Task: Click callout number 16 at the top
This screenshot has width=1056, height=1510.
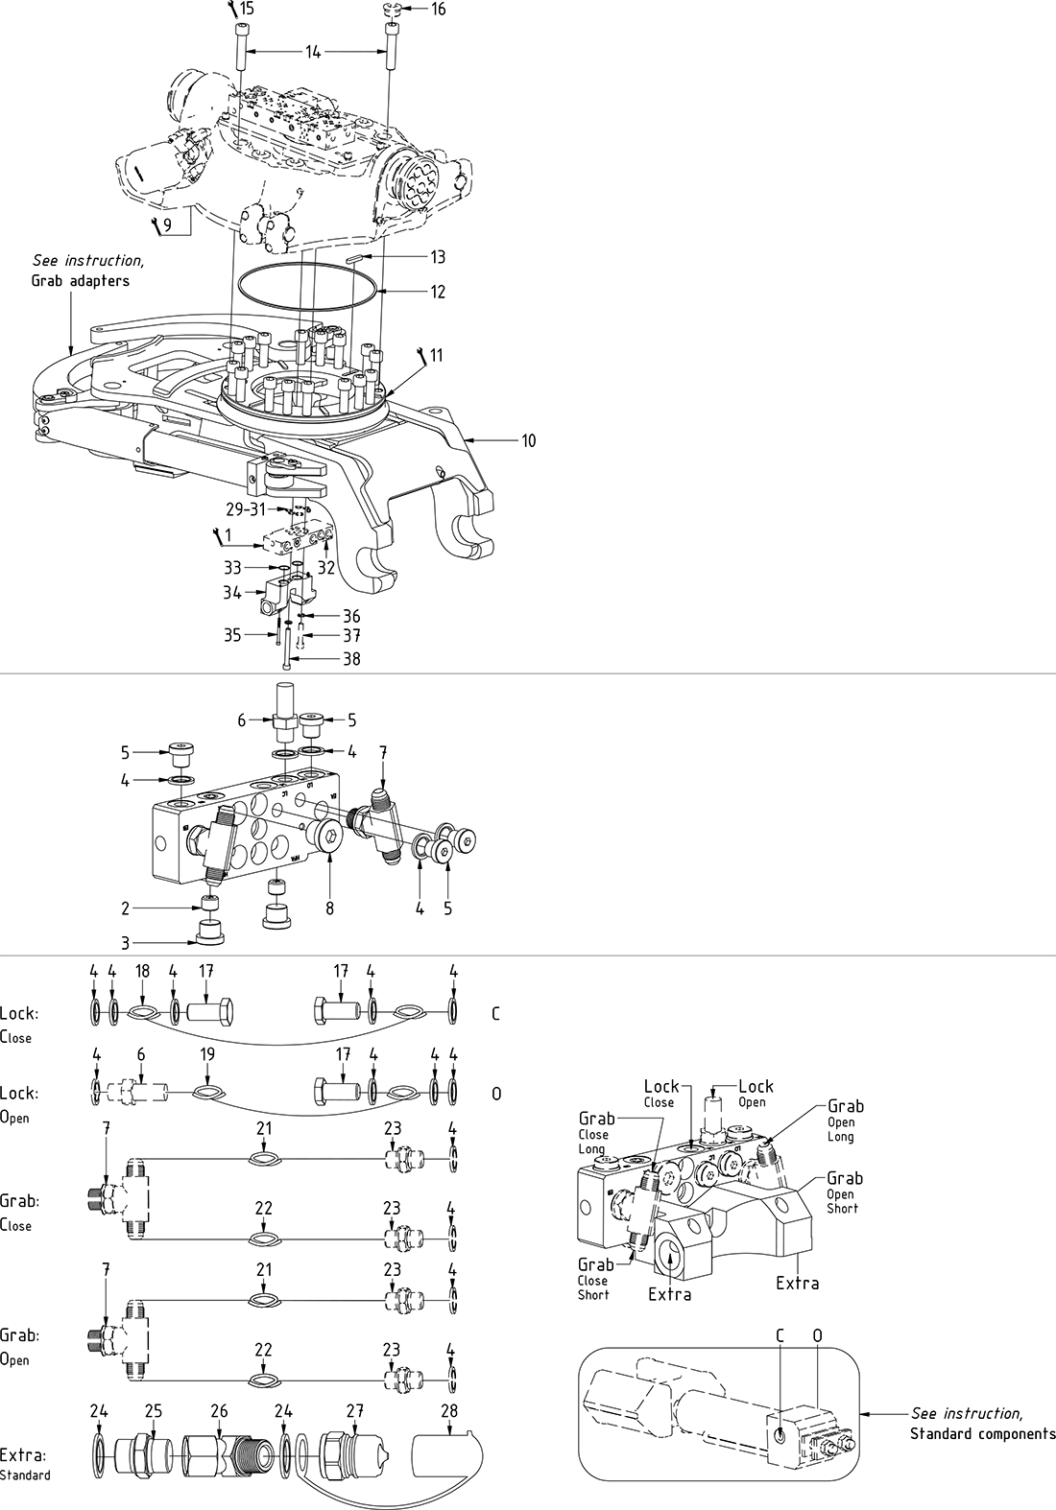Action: (x=439, y=10)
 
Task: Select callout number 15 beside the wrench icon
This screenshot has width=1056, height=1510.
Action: (x=247, y=9)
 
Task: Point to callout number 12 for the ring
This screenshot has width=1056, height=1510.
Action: (x=438, y=291)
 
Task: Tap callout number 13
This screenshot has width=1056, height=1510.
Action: (x=438, y=257)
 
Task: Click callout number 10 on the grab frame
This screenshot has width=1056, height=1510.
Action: (x=529, y=440)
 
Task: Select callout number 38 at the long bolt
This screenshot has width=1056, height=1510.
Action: (x=351, y=659)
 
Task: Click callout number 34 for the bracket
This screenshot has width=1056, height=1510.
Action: (x=232, y=593)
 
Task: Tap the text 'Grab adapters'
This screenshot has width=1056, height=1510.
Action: (x=81, y=282)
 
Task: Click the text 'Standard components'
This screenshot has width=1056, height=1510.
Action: (x=982, y=1434)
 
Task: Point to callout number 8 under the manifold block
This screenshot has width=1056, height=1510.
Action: (x=329, y=906)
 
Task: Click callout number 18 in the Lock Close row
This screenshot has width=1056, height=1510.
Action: (x=142, y=971)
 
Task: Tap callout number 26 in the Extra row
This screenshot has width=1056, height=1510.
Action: (x=219, y=1410)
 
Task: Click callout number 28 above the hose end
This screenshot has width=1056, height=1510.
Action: (x=449, y=1410)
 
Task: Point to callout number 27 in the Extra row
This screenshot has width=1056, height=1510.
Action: (x=354, y=1410)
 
